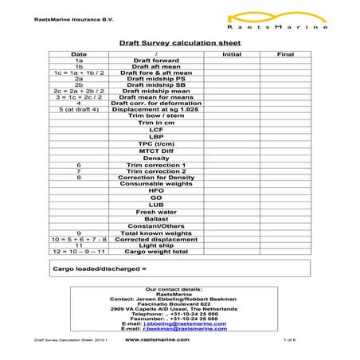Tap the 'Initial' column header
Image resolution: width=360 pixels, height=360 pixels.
[231, 54]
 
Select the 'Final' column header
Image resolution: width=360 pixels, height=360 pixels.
[284, 54]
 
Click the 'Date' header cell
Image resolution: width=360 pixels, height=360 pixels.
[79, 54]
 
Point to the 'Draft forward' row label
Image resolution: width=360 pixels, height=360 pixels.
[156, 61]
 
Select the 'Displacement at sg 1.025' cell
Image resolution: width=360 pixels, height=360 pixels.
[156, 109]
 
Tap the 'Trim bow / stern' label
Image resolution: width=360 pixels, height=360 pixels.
[156, 116]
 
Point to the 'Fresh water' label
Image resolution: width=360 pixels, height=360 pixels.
[156, 212]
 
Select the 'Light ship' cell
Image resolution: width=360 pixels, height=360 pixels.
[156, 245]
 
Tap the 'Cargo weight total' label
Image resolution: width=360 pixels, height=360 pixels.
[156, 251]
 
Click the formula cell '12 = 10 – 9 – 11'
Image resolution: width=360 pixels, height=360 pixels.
[79, 251]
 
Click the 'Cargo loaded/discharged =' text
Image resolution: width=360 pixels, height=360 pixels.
[100, 269]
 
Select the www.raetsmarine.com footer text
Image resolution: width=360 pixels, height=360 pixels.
[157, 339]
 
